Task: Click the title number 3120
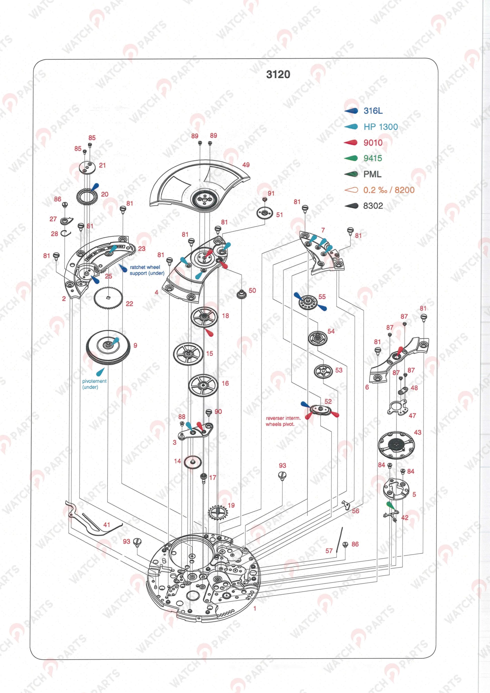[x=278, y=74]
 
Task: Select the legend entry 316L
[x=373, y=111]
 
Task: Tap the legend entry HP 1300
[x=380, y=127]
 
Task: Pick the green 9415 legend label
[x=373, y=158]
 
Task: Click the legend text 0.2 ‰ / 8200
[x=389, y=190]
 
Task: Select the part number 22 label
[x=129, y=304]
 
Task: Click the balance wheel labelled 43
[x=396, y=444]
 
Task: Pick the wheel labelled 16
[x=203, y=384]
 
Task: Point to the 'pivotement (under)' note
[x=94, y=384]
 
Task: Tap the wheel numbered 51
[x=265, y=213]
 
